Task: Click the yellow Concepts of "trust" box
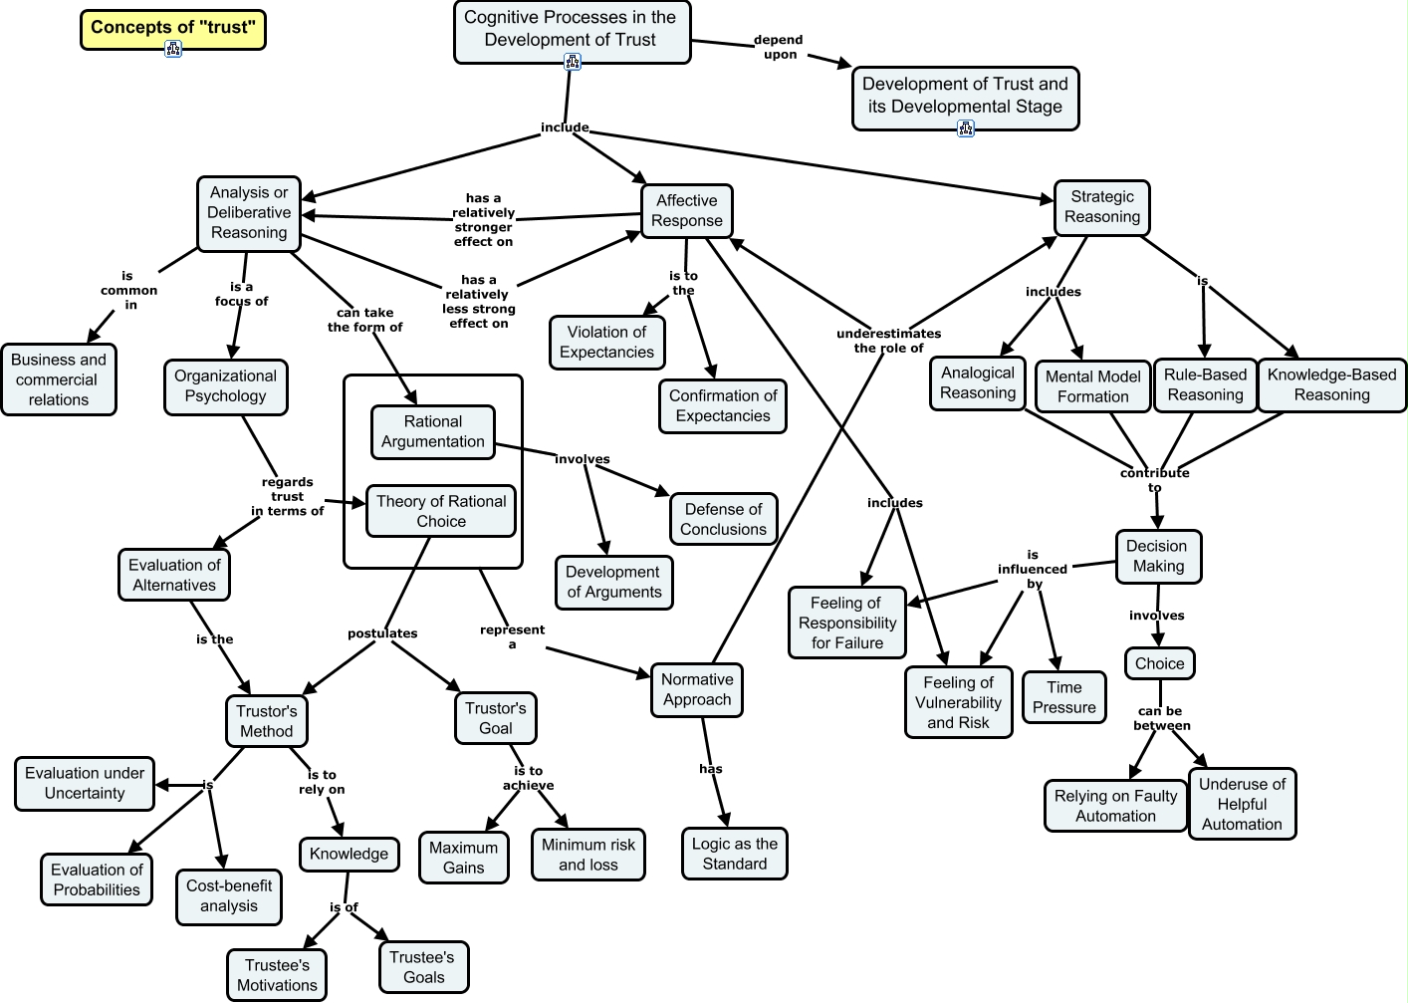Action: (x=172, y=28)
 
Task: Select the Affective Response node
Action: (x=687, y=211)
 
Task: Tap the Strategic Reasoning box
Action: (x=1102, y=207)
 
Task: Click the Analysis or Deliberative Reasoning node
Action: (x=249, y=212)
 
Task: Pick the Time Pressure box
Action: (x=1063, y=697)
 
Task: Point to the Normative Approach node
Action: (x=697, y=689)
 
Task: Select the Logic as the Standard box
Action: (x=735, y=854)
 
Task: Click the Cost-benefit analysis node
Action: (x=229, y=895)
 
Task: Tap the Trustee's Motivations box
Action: (x=277, y=975)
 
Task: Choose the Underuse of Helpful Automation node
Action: (x=1242, y=804)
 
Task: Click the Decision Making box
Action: (x=1158, y=556)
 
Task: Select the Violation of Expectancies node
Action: (x=606, y=342)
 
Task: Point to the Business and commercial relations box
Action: (x=59, y=379)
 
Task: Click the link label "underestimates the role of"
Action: (x=888, y=341)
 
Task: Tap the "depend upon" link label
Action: (x=779, y=47)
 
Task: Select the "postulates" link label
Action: (x=382, y=633)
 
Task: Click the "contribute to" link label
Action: (x=1154, y=480)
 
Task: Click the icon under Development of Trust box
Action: (x=965, y=127)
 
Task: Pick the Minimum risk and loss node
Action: (x=587, y=855)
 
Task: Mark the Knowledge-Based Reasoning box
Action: (x=1331, y=384)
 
